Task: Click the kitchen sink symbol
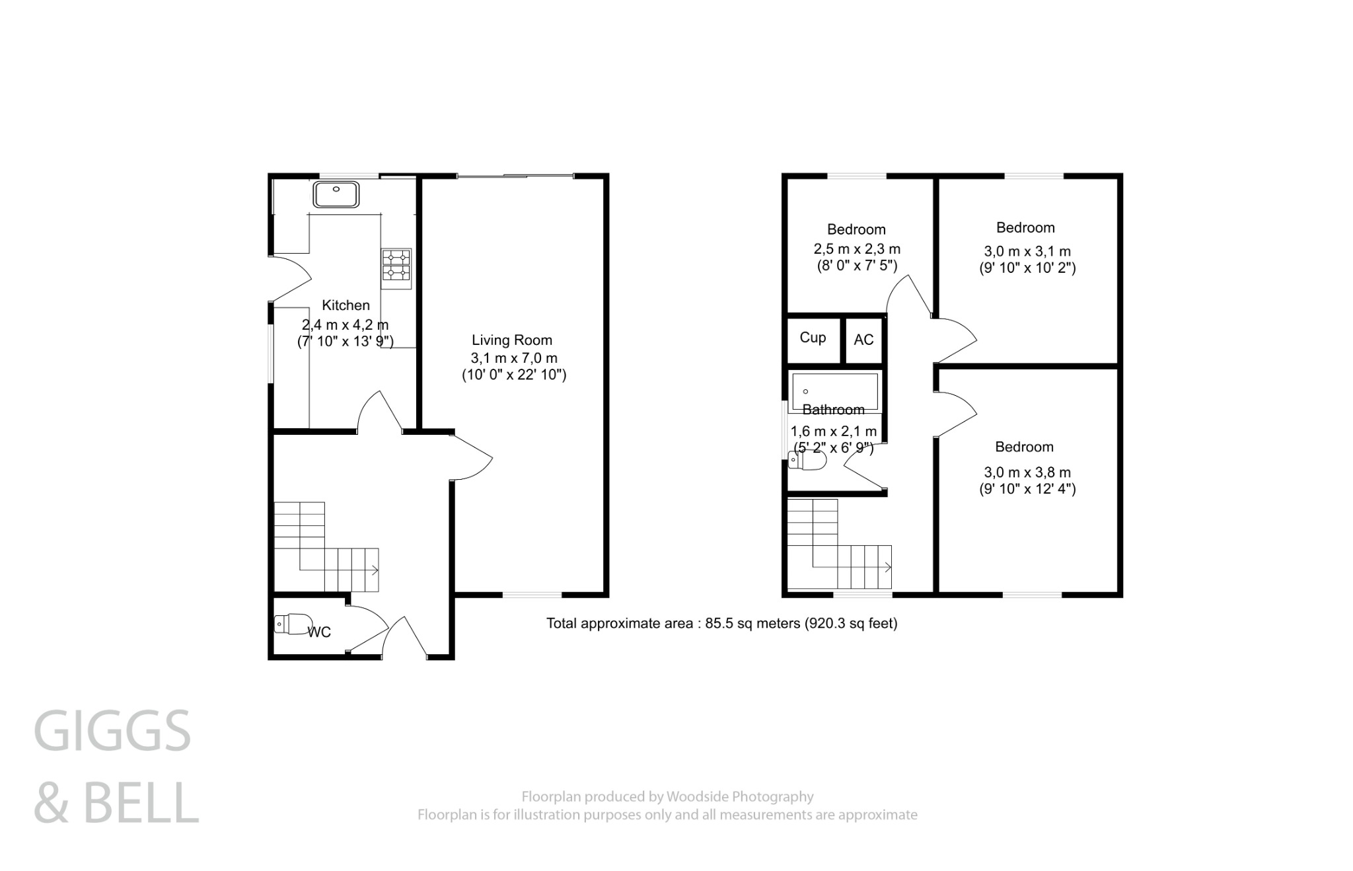336,194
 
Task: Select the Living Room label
512,340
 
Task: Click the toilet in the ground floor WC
293,623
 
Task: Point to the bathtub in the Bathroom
835,391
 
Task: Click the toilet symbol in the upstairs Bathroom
807,463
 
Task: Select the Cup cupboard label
813,338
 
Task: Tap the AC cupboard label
863,340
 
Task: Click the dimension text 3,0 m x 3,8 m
1027,473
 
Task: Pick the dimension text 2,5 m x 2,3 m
857,249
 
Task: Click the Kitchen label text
346,305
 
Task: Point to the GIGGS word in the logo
112,732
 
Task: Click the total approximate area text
721,623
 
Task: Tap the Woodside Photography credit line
667,797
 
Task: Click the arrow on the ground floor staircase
375,570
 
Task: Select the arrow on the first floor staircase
887,567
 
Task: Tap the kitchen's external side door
291,279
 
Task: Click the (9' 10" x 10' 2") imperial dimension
1027,268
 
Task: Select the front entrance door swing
405,636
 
